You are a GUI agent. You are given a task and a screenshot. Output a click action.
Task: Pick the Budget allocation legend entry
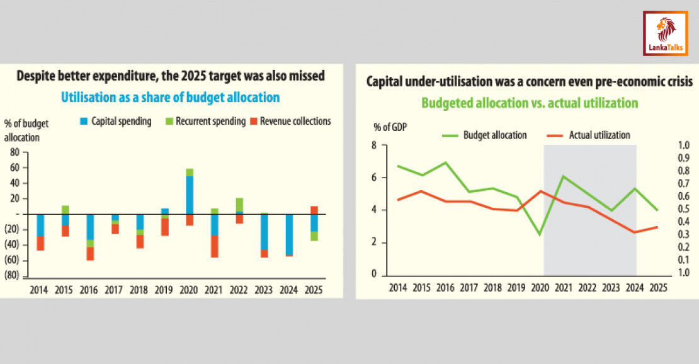pos(486,135)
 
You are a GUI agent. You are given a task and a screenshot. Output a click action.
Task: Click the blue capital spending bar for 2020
pos(190,195)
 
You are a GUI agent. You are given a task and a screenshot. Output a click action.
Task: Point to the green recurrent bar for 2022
pos(239,205)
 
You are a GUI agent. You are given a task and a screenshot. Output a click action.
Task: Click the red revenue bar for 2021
pos(215,246)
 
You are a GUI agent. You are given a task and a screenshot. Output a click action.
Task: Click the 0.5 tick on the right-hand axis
pos(683,209)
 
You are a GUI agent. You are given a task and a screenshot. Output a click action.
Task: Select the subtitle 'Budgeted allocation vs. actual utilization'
pos(530,102)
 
